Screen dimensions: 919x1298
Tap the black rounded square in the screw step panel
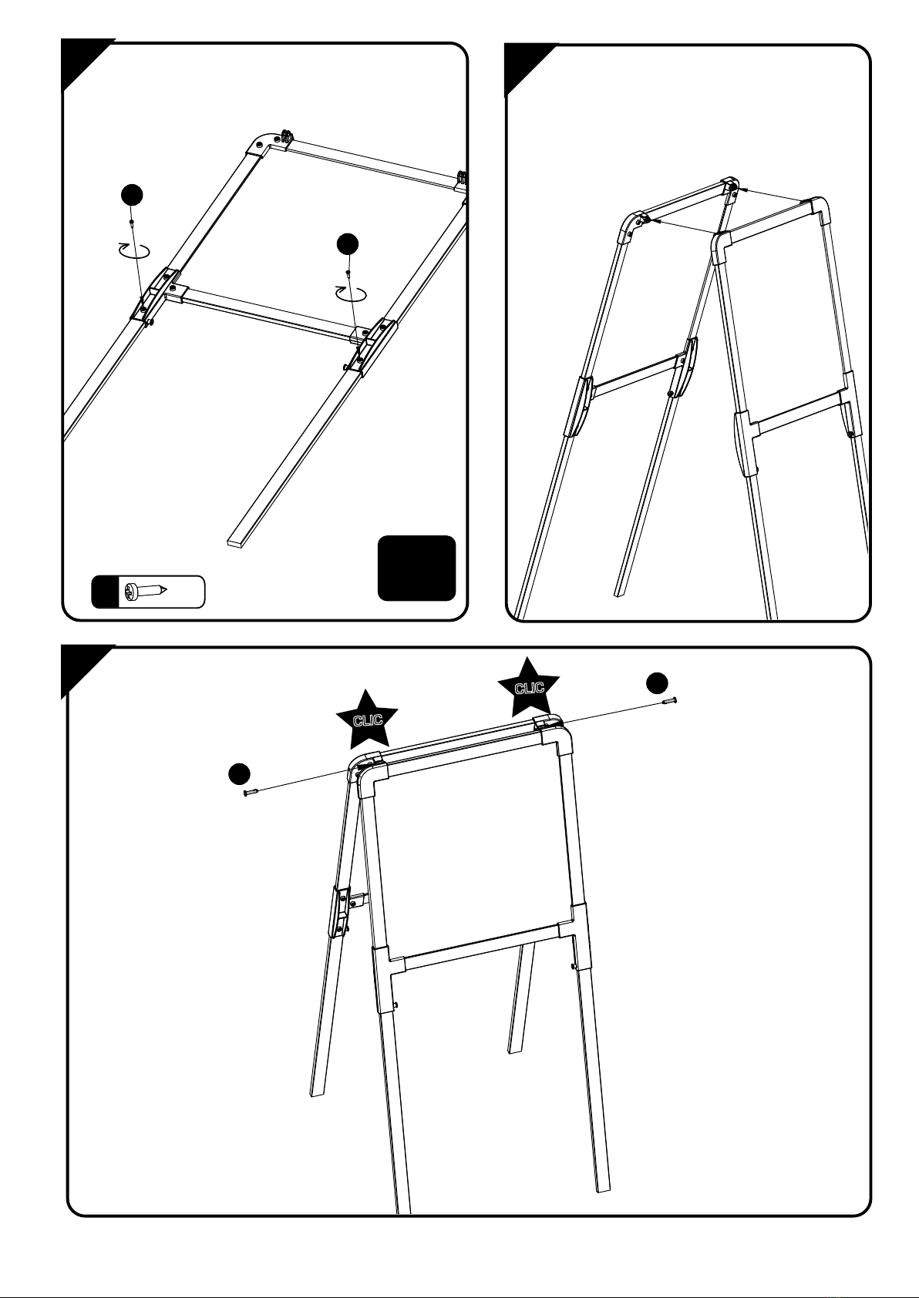tap(416, 568)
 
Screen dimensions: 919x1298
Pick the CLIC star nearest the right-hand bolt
tap(529, 686)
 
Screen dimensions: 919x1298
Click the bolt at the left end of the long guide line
tap(249, 792)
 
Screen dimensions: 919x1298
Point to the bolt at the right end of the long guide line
tap(668, 700)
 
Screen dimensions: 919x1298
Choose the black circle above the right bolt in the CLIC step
tap(657, 682)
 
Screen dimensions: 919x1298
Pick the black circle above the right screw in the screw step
tap(348, 243)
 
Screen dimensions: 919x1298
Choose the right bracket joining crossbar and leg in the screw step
tap(373, 346)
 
